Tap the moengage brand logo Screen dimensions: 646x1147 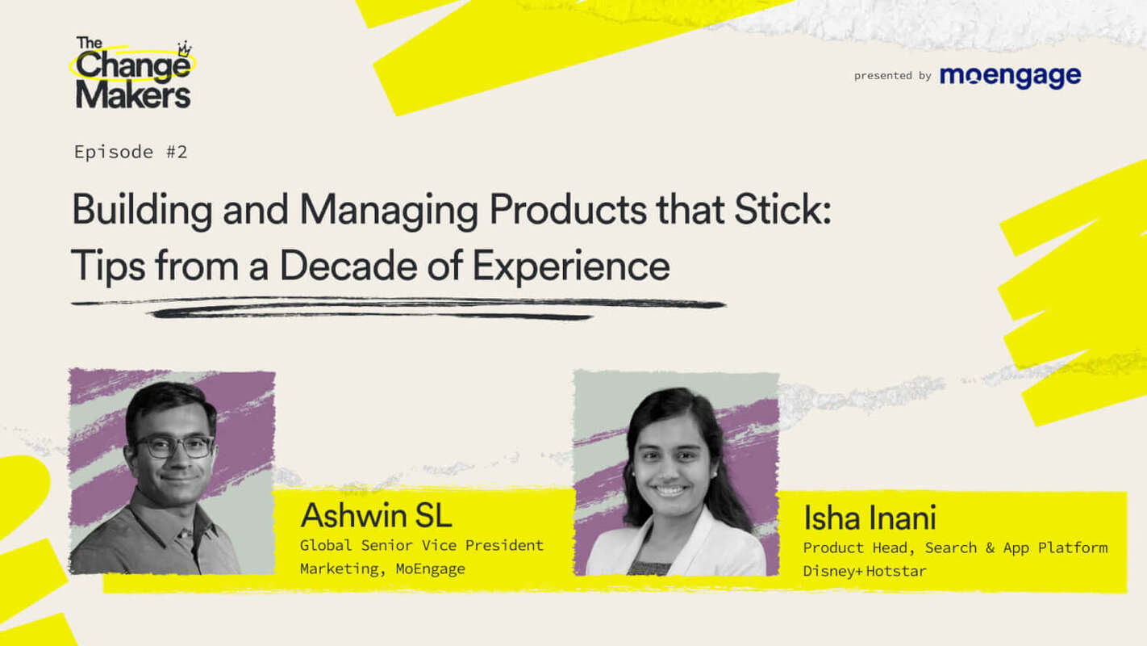click(x=1010, y=76)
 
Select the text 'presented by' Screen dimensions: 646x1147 click(x=892, y=76)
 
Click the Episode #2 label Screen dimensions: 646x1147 click(x=131, y=152)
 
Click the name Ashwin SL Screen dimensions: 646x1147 click(x=376, y=515)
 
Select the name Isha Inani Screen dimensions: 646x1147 click(x=870, y=518)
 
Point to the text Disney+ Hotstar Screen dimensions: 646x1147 click(x=865, y=571)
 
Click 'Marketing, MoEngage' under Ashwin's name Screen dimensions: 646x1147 click(x=382, y=568)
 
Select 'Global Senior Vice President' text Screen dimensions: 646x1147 click(x=421, y=545)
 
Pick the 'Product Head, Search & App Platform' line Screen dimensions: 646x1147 click(x=955, y=547)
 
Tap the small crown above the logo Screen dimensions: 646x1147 click(x=185, y=48)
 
